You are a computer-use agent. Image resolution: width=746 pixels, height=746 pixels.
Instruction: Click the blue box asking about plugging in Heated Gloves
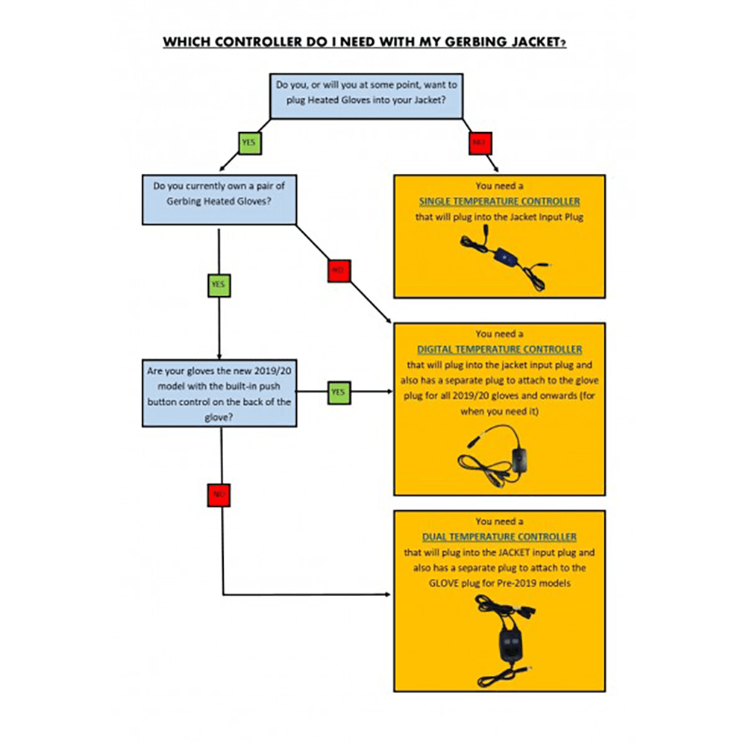click(366, 95)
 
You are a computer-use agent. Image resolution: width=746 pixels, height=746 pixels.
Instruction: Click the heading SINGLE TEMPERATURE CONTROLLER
click(499, 201)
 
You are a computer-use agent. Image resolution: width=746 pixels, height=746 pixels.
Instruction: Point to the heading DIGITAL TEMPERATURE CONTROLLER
click(499, 349)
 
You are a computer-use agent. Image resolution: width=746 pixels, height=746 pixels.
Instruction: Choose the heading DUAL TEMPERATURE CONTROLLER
click(499, 536)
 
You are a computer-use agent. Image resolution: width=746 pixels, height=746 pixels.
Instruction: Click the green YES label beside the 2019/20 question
click(339, 392)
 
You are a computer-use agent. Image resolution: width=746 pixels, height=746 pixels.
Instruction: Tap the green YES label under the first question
click(249, 142)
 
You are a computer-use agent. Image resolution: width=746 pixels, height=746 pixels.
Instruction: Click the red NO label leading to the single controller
click(478, 142)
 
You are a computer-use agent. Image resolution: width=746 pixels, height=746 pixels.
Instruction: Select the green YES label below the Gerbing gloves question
click(219, 284)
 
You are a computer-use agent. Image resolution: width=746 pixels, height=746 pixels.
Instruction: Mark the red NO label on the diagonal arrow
click(339, 271)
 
